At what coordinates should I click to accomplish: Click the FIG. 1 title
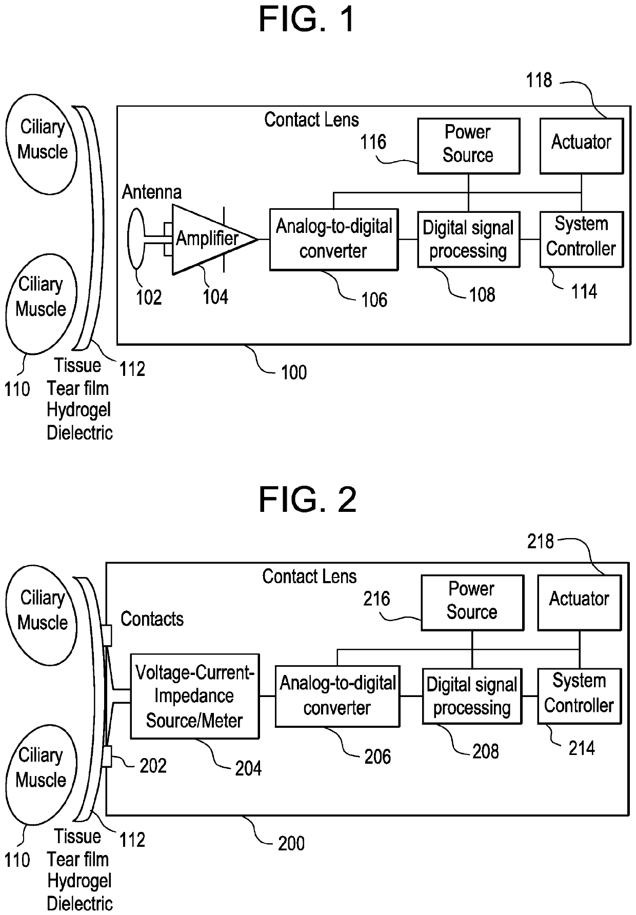pyautogui.click(x=307, y=19)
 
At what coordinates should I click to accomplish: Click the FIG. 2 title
pyautogui.click(x=307, y=500)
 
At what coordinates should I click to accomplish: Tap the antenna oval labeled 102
pyautogui.click(x=136, y=238)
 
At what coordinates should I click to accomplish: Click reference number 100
pyautogui.click(x=294, y=372)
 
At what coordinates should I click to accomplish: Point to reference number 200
pyautogui.click(x=291, y=843)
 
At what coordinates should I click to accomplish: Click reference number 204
pyautogui.click(x=248, y=768)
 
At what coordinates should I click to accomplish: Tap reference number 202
pyautogui.click(x=153, y=766)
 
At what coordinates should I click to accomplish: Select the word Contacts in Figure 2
pyautogui.click(x=152, y=619)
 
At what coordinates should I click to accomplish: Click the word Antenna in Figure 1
pyautogui.click(x=152, y=192)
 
